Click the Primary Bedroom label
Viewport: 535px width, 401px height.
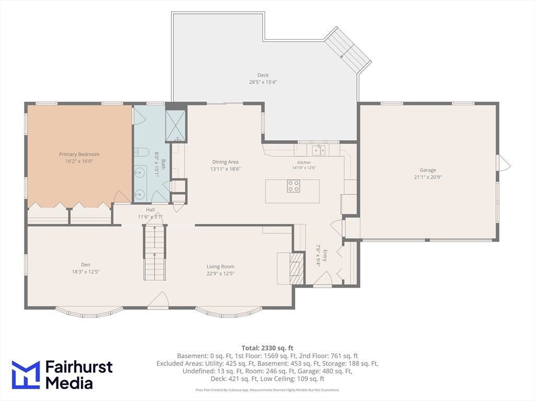click(x=79, y=154)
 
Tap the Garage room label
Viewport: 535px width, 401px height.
click(x=428, y=170)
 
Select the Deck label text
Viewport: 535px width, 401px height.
click(x=263, y=75)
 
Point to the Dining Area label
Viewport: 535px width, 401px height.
click(x=225, y=162)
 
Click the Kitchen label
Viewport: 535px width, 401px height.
click(x=304, y=163)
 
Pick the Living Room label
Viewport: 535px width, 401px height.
click(x=220, y=267)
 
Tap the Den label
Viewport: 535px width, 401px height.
click(x=86, y=265)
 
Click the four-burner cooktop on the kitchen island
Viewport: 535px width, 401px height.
click(x=294, y=186)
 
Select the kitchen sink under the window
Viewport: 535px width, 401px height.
click(x=319, y=150)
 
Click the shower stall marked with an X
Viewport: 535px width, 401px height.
click(x=176, y=126)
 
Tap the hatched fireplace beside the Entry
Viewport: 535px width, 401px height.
click(x=296, y=268)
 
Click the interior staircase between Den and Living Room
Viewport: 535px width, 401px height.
click(x=155, y=252)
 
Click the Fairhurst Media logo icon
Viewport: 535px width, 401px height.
click(x=26, y=375)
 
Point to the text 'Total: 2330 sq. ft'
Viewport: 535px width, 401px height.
click(x=267, y=348)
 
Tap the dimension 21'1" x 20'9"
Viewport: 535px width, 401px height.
click(x=428, y=177)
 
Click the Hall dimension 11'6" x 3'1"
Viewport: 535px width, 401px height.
click(x=150, y=217)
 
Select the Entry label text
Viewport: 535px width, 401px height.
click(x=325, y=255)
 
